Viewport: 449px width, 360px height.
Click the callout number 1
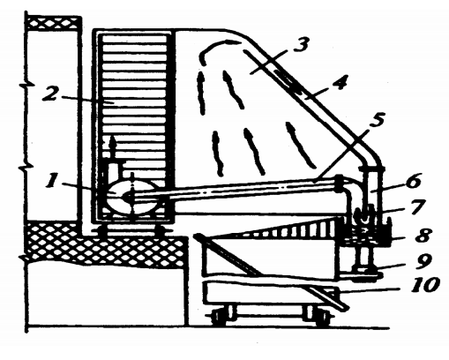point(53,179)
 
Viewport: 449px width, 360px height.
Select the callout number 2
point(50,94)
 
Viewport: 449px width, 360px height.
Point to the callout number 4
point(340,82)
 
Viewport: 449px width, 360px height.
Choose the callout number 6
point(413,181)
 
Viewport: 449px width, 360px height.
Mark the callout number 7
point(415,206)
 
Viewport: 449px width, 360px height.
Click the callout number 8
point(423,235)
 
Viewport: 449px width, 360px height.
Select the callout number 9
point(423,261)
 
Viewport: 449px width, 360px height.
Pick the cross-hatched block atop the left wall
point(54,24)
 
